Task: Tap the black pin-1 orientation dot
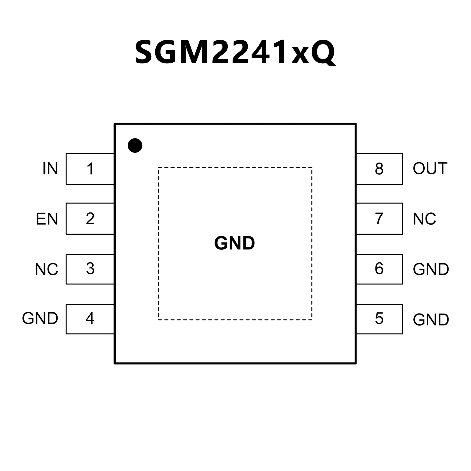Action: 135,145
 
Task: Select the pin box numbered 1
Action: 90,169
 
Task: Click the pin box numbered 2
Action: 90,218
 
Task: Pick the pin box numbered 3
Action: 90,269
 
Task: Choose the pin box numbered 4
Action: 90,319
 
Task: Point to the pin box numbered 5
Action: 379,319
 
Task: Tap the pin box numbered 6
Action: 379,269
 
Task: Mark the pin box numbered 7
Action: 379,218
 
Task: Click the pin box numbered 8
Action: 379,169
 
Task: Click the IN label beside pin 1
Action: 50,169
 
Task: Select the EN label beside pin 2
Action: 47,219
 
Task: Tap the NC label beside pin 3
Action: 46,269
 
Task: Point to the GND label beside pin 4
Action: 40,319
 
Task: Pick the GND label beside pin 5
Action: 431,320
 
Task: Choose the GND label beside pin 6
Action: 431,269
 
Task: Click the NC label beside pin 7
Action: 424,219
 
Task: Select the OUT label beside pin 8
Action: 430,169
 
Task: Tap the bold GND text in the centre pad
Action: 235,243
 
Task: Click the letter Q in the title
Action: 323,53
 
